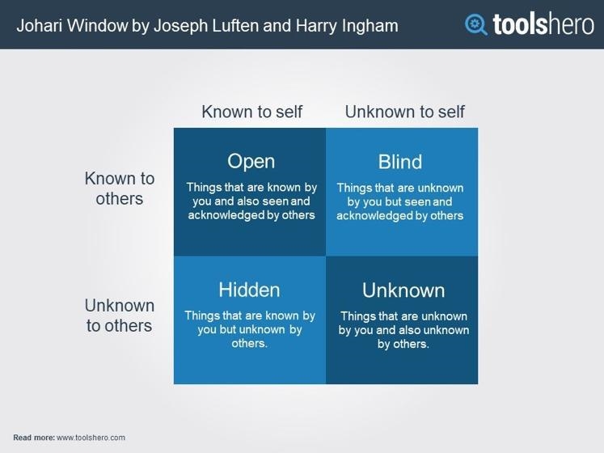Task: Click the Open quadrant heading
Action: click(251, 162)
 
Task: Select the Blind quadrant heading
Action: click(400, 162)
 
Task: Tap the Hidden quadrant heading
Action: click(249, 290)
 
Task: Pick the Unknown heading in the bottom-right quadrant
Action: click(403, 290)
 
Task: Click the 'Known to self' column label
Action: click(252, 112)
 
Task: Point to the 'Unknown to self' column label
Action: click(405, 112)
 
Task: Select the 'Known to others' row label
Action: click(120, 188)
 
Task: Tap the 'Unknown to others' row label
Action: click(120, 315)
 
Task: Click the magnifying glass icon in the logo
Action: click(475, 25)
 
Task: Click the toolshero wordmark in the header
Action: click(543, 24)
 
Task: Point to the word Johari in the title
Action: click(40, 26)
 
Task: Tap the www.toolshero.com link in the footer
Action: click(91, 438)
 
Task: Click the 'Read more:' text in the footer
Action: click(34, 438)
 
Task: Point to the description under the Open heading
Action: click(251, 201)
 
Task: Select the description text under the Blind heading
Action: click(400, 201)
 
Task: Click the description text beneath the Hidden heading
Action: click(250, 329)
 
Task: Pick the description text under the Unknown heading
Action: click(403, 330)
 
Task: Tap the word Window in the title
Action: click(98, 26)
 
